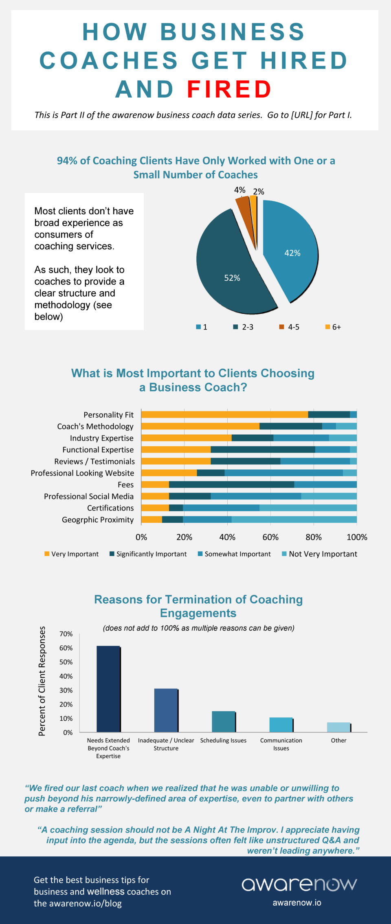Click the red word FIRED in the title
click(229, 90)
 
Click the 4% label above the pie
click(239, 190)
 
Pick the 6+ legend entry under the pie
click(333, 327)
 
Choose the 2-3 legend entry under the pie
click(244, 327)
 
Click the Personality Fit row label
click(108, 415)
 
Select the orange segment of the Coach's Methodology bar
click(200, 426)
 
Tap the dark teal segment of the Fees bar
click(231, 484)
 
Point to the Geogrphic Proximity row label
click(98, 520)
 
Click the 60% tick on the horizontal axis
click(270, 537)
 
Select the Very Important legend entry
click(72, 554)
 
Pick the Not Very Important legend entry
click(319, 554)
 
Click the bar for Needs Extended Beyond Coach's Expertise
click(108, 689)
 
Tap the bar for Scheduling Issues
click(223, 722)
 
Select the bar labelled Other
click(338, 727)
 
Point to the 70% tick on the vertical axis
click(66, 634)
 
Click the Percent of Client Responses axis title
click(42, 681)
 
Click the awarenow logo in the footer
click(299, 884)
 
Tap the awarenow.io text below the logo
click(297, 903)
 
